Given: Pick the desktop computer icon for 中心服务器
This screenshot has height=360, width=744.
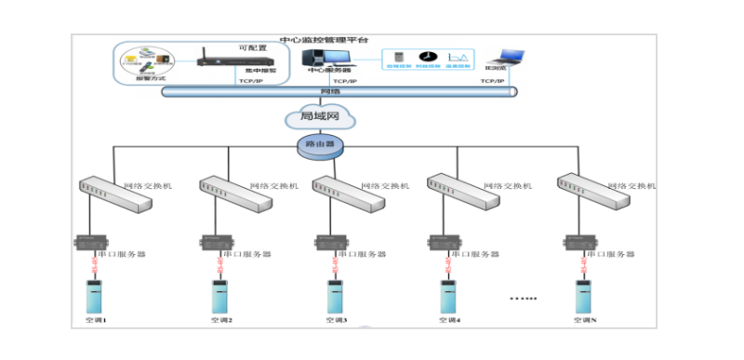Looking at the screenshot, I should (x=321, y=60).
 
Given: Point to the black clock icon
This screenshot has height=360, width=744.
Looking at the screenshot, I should (x=429, y=58).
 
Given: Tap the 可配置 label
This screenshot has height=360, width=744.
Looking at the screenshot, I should (x=253, y=47).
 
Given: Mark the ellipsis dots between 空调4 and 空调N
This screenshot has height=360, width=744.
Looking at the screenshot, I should (x=524, y=298).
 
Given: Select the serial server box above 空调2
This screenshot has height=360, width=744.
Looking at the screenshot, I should (x=215, y=243).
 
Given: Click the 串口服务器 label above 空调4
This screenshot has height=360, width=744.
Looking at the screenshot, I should (x=472, y=253).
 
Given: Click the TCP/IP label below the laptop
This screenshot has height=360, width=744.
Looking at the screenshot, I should (x=493, y=82).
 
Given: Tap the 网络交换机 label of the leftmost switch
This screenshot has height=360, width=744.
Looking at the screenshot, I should (x=135, y=186).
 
